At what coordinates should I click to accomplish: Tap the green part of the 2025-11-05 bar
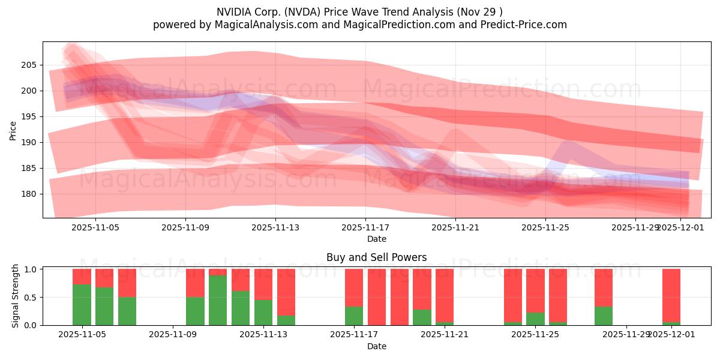tap(82, 305)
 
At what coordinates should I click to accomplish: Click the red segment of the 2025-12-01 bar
tap(671, 295)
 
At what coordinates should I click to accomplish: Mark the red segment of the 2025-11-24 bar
tap(512, 295)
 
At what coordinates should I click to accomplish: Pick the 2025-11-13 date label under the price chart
tap(275, 227)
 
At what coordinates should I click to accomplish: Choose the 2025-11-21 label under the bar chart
tap(445, 335)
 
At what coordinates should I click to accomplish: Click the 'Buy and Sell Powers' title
tap(377, 257)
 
